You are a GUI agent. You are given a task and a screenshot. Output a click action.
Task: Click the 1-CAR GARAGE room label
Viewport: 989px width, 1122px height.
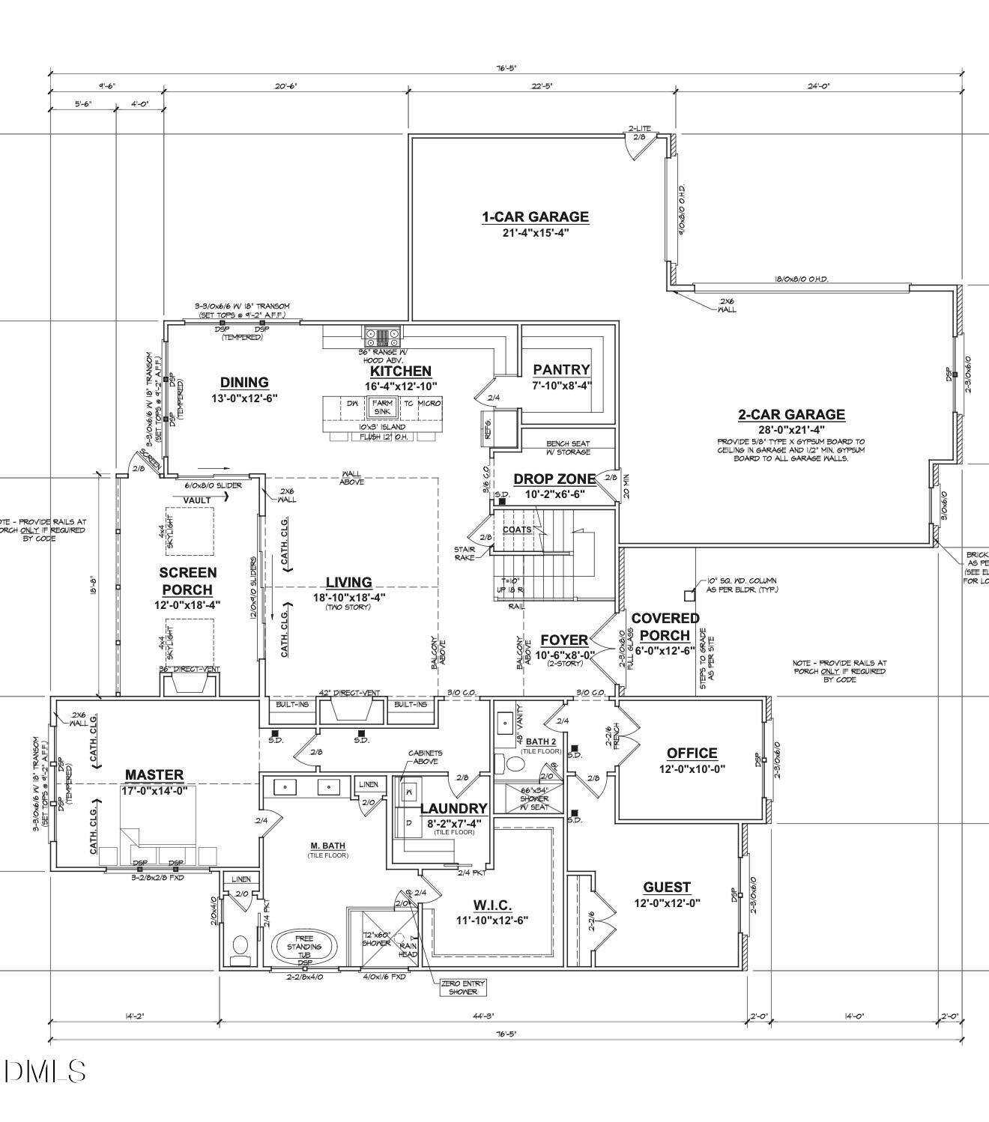coord(535,217)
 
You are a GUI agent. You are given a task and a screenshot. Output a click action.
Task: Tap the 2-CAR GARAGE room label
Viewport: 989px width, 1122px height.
coord(791,415)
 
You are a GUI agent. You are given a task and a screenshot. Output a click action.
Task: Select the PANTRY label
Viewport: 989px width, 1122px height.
coord(561,369)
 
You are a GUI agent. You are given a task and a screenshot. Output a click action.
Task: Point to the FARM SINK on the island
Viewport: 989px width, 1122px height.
coord(382,407)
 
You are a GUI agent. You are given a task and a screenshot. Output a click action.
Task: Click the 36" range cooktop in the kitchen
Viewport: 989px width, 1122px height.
coord(383,334)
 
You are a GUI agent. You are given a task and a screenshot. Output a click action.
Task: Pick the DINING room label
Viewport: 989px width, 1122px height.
coord(244,383)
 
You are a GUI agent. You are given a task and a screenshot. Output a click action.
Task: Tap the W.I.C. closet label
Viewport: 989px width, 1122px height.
coord(492,906)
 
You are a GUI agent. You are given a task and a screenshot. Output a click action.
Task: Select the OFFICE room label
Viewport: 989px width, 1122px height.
coord(692,753)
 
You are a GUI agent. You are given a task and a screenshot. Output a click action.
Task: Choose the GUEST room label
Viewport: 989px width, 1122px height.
coord(667,888)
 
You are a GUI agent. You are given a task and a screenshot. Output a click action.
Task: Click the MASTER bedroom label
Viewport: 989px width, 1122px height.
coord(154,775)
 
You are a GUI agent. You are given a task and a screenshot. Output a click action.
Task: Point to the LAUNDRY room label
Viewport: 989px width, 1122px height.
coord(453,809)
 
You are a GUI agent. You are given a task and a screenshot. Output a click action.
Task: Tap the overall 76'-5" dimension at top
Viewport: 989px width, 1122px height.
coord(506,68)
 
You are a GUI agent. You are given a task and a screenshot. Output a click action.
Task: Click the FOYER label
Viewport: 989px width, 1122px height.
coord(564,640)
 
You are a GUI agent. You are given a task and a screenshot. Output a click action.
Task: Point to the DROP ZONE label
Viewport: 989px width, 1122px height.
coord(554,479)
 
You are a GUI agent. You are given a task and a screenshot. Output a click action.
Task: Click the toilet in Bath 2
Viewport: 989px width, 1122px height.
coord(515,764)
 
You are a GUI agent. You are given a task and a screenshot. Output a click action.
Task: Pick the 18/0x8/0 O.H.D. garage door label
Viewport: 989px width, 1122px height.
coord(801,279)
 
